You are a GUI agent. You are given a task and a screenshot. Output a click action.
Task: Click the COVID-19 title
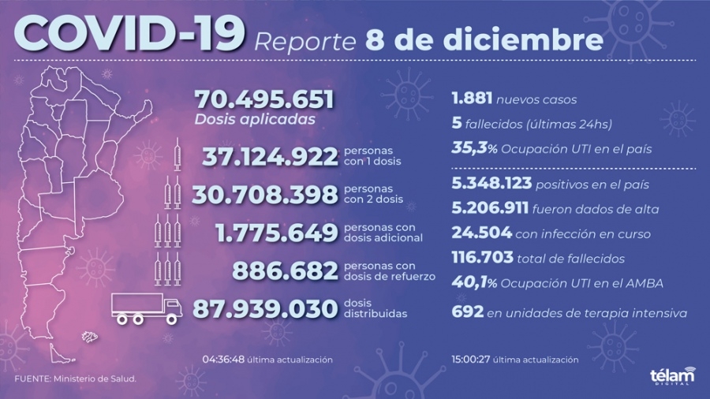click(129, 35)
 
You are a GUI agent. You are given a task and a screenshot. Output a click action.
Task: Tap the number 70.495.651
click(264, 100)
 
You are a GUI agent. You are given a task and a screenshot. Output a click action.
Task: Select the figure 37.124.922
click(270, 156)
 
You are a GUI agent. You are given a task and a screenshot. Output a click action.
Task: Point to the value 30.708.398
click(270, 194)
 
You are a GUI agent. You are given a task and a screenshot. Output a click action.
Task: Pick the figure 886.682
click(285, 271)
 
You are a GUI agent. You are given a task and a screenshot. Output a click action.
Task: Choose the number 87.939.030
click(270, 309)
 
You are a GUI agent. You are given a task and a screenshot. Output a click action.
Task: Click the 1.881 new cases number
click(473, 99)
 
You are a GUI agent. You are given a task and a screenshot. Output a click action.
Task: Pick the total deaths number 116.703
click(481, 257)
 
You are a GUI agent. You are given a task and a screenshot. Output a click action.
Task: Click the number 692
click(467, 313)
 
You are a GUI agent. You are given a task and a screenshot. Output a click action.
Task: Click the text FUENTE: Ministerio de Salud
click(76, 379)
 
